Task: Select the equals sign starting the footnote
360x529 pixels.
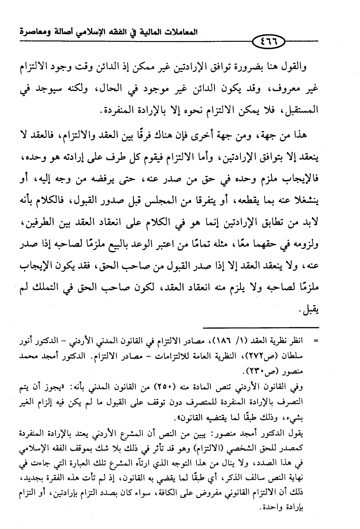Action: (315, 341)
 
